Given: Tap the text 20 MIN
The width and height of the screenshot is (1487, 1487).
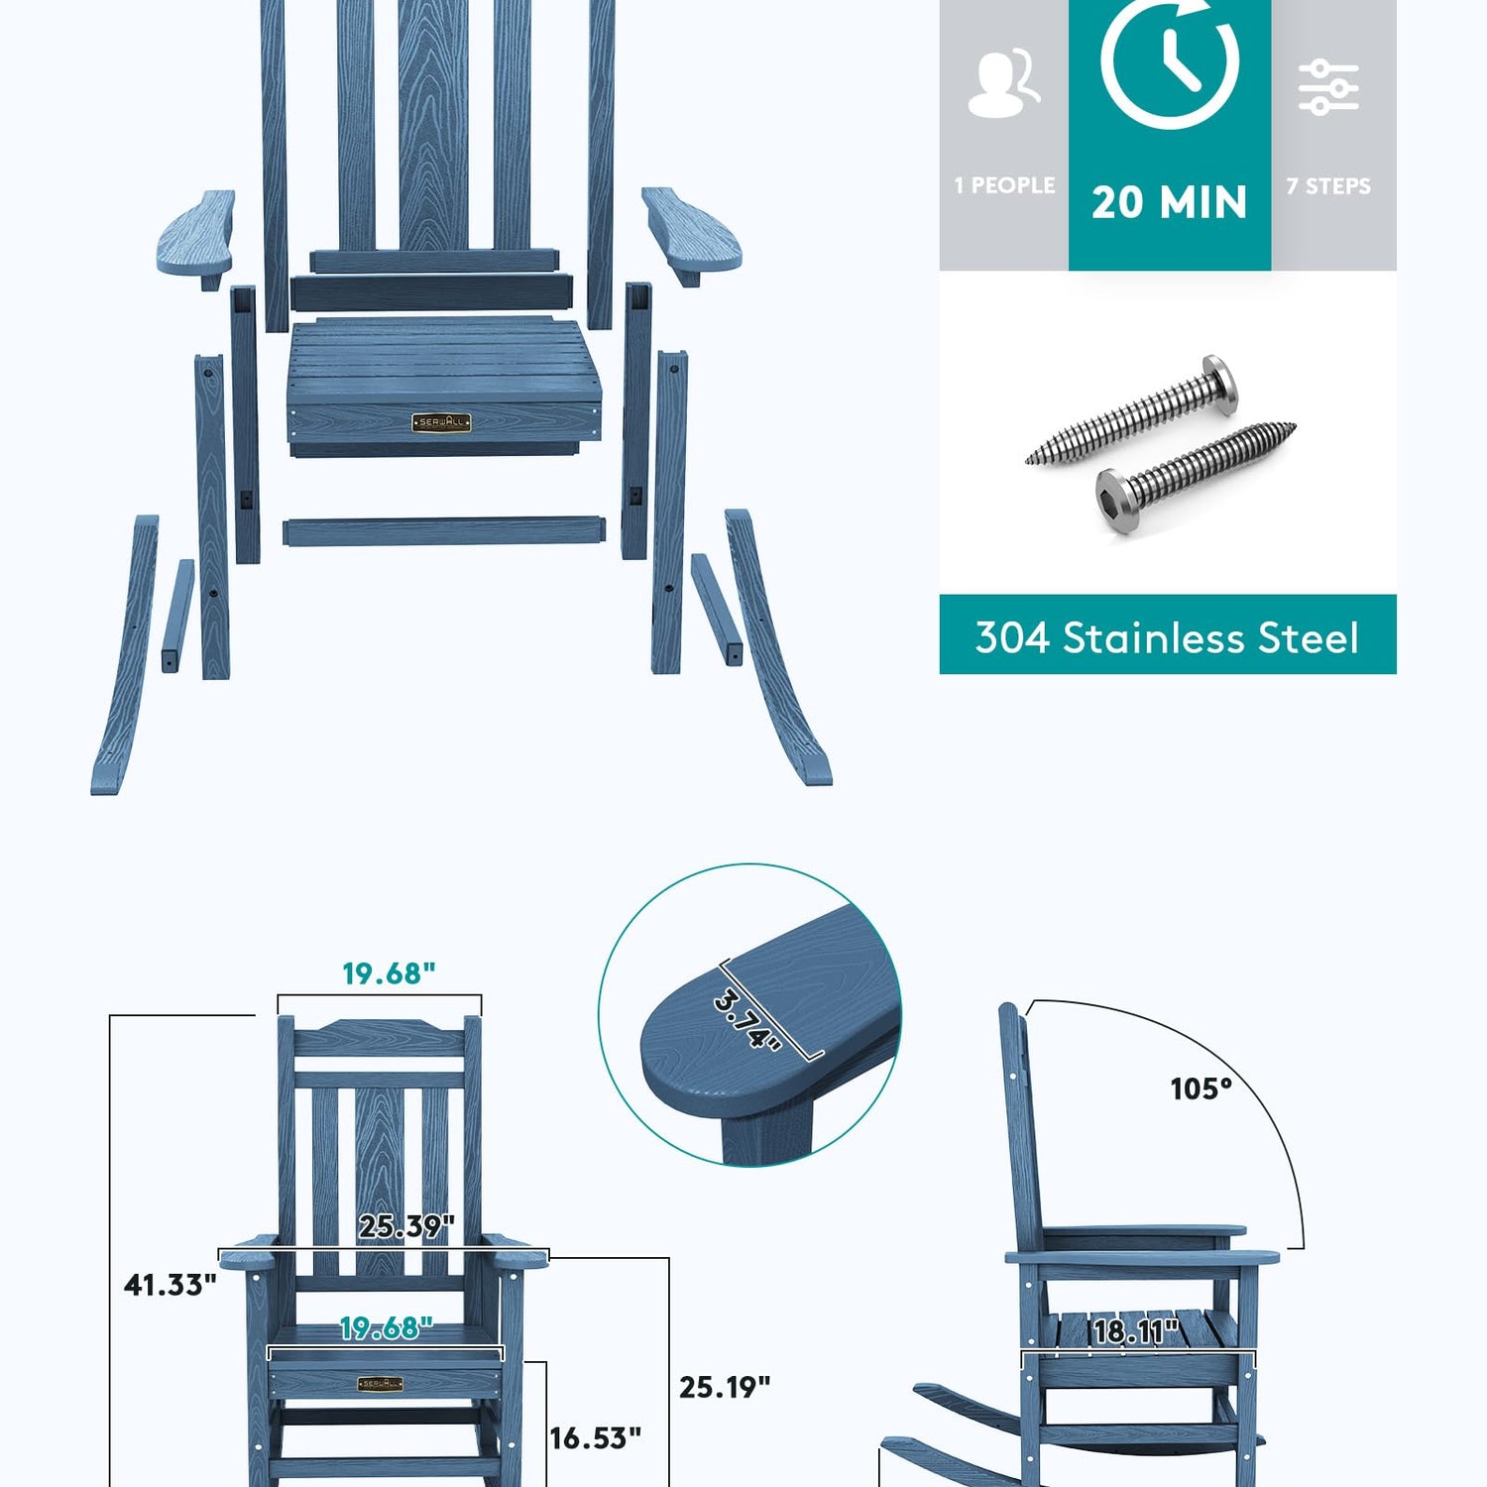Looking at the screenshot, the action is (1170, 202).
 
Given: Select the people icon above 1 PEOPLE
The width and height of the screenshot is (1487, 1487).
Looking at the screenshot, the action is (1003, 83).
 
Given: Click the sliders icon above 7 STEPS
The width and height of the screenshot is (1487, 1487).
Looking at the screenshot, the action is (1328, 86).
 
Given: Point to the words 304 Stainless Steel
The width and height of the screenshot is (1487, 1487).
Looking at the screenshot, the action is (1167, 637).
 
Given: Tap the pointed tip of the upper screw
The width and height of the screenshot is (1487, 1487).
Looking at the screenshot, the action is (1029, 460).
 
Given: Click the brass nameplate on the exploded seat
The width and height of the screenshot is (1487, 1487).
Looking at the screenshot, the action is (440, 422).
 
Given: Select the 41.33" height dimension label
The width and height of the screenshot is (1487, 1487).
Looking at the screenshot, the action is (170, 1285).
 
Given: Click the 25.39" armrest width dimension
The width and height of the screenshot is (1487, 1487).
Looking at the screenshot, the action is (406, 1226).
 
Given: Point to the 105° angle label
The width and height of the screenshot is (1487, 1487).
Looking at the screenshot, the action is (1201, 1088).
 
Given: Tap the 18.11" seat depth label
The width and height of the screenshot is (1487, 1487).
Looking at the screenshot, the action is (1136, 1330).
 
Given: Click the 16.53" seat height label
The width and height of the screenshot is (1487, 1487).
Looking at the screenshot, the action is (595, 1437).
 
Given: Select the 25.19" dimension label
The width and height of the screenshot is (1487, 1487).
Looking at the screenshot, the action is (725, 1387).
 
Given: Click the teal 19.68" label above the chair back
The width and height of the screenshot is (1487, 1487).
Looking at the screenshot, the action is (389, 973).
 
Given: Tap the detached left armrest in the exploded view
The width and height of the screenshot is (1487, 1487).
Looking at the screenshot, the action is (196, 238).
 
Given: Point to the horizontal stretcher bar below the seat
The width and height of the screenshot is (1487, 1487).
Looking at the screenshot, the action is (444, 530).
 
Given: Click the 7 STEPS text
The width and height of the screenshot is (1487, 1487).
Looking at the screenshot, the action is (1328, 185).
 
